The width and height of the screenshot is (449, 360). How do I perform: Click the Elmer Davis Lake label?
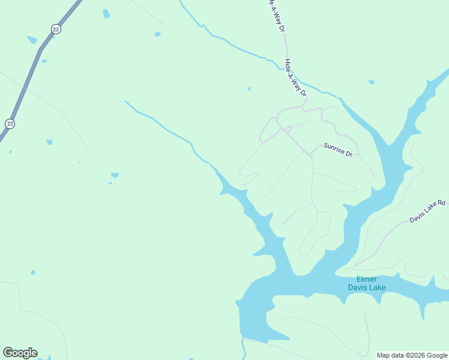(x=367, y=283)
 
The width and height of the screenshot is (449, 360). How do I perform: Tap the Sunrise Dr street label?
(x=337, y=149)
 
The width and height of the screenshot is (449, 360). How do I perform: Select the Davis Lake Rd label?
(x=427, y=211)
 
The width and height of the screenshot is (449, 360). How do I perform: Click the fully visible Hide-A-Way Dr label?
(x=295, y=77)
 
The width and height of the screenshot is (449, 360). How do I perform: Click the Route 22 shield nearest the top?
(x=56, y=29)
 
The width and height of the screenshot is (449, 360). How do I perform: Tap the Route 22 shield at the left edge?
(x=10, y=123)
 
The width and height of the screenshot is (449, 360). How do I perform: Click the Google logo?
(x=20, y=353)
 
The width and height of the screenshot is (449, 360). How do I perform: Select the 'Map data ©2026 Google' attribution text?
(x=412, y=355)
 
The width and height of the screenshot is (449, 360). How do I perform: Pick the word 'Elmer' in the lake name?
(x=367, y=279)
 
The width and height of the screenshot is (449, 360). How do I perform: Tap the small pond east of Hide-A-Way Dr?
(x=372, y=82)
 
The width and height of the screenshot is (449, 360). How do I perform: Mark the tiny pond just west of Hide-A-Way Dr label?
(x=249, y=89)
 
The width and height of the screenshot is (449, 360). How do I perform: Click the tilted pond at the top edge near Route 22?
(x=106, y=13)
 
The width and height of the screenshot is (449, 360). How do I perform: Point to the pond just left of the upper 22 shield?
(x=31, y=40)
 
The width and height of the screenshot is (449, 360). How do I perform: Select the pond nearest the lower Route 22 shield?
(x=49, y=142)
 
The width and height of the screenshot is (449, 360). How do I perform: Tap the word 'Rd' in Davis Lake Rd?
(x=441, y=203)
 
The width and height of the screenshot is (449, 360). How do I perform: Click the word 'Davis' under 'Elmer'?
(x=358, y=287)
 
